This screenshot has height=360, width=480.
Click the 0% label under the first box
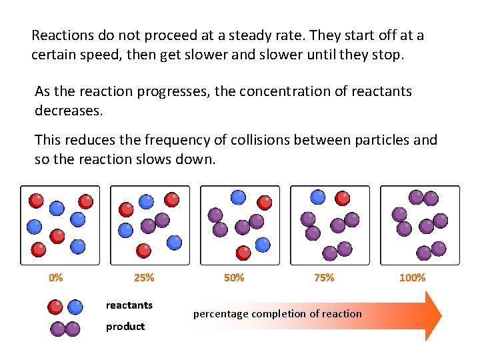pyautogui.click(x=56, y=277)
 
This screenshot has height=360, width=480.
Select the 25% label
pyautogui.click(x=144, y=277)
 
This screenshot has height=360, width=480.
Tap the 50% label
pyautogui.click(x=234, y=277)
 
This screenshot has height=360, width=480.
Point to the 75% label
pyautogui.click(x=324, y=277)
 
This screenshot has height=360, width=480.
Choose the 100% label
pyautogui.click(x=412, y=277)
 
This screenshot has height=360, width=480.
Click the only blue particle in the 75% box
pyautogui.click(x=319, y=197)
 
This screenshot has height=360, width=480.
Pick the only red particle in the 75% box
pyautogui.click(x=342, y=198)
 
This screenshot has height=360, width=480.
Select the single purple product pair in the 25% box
pyautogui.click(x=155, y=223)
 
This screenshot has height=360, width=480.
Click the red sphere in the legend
pyautogui.click(x=56, y=307)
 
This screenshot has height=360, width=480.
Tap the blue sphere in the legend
pyautogui.click(x=75, y=307)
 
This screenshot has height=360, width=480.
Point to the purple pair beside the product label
pyautogui.click(x=65, y=329)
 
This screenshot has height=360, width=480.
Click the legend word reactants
pyautogui.click(x=129, y=305)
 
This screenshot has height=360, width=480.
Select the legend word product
pyautogui.click(x=125, y=326)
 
